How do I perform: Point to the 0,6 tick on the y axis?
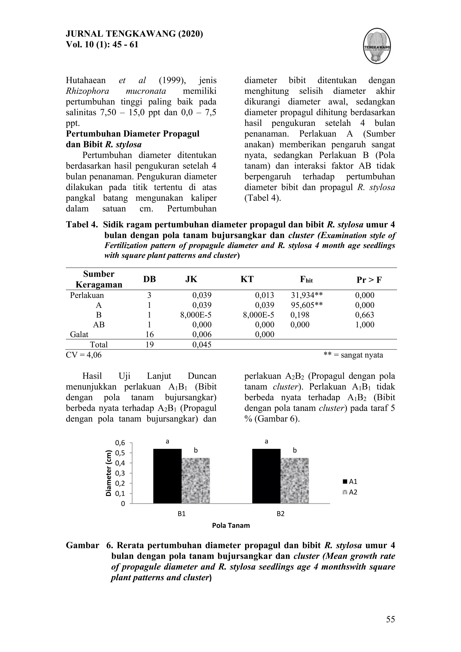tap(120, 443)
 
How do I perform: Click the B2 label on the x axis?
tap(280, 513)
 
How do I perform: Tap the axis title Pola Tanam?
tap(231, 525)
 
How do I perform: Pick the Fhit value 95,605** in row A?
tap(307, 305)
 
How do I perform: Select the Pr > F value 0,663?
tap(364, 315)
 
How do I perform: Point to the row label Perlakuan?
tap(87, 295)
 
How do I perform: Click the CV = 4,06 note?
tap(84, 355)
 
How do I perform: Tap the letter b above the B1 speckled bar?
tap(196, 450)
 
